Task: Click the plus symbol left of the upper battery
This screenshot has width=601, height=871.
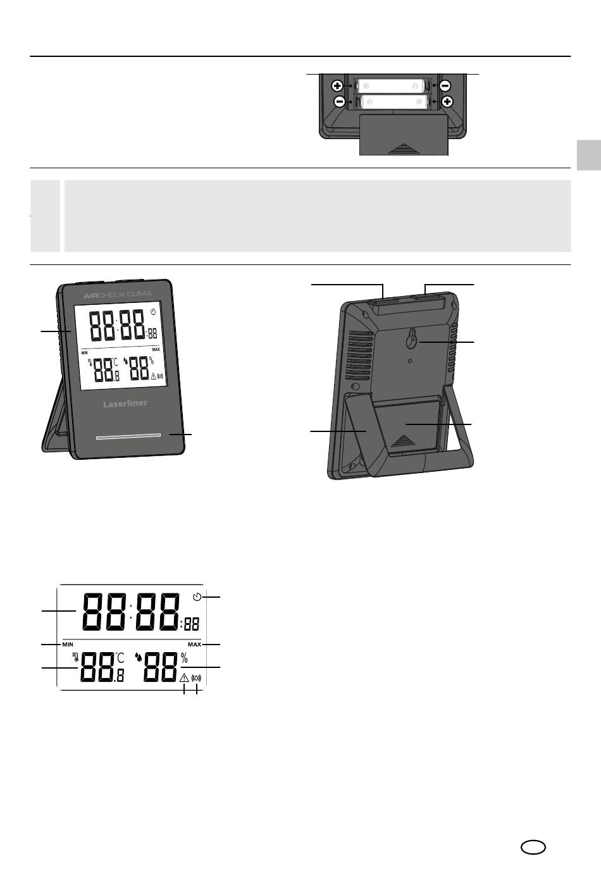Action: pyautogui.click(x=337, y=86)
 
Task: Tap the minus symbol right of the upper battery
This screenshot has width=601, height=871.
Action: pyautogui.click(x=445, y=86)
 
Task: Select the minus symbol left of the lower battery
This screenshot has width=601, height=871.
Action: pyautogui.click(x=340, y=102)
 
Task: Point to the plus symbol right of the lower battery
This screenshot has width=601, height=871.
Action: pyautogui.click(x=448, y=102)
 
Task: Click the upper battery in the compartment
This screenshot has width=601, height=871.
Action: pyautogui.click(x=390, y=86)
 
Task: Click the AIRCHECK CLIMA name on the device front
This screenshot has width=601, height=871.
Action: pyautogui.click(x=118, y=295)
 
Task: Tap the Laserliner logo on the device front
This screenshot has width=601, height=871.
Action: pyautogui.click(x=125, y=404)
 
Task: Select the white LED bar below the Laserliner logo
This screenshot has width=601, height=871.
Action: pyautogui.click(x=128, y=436)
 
